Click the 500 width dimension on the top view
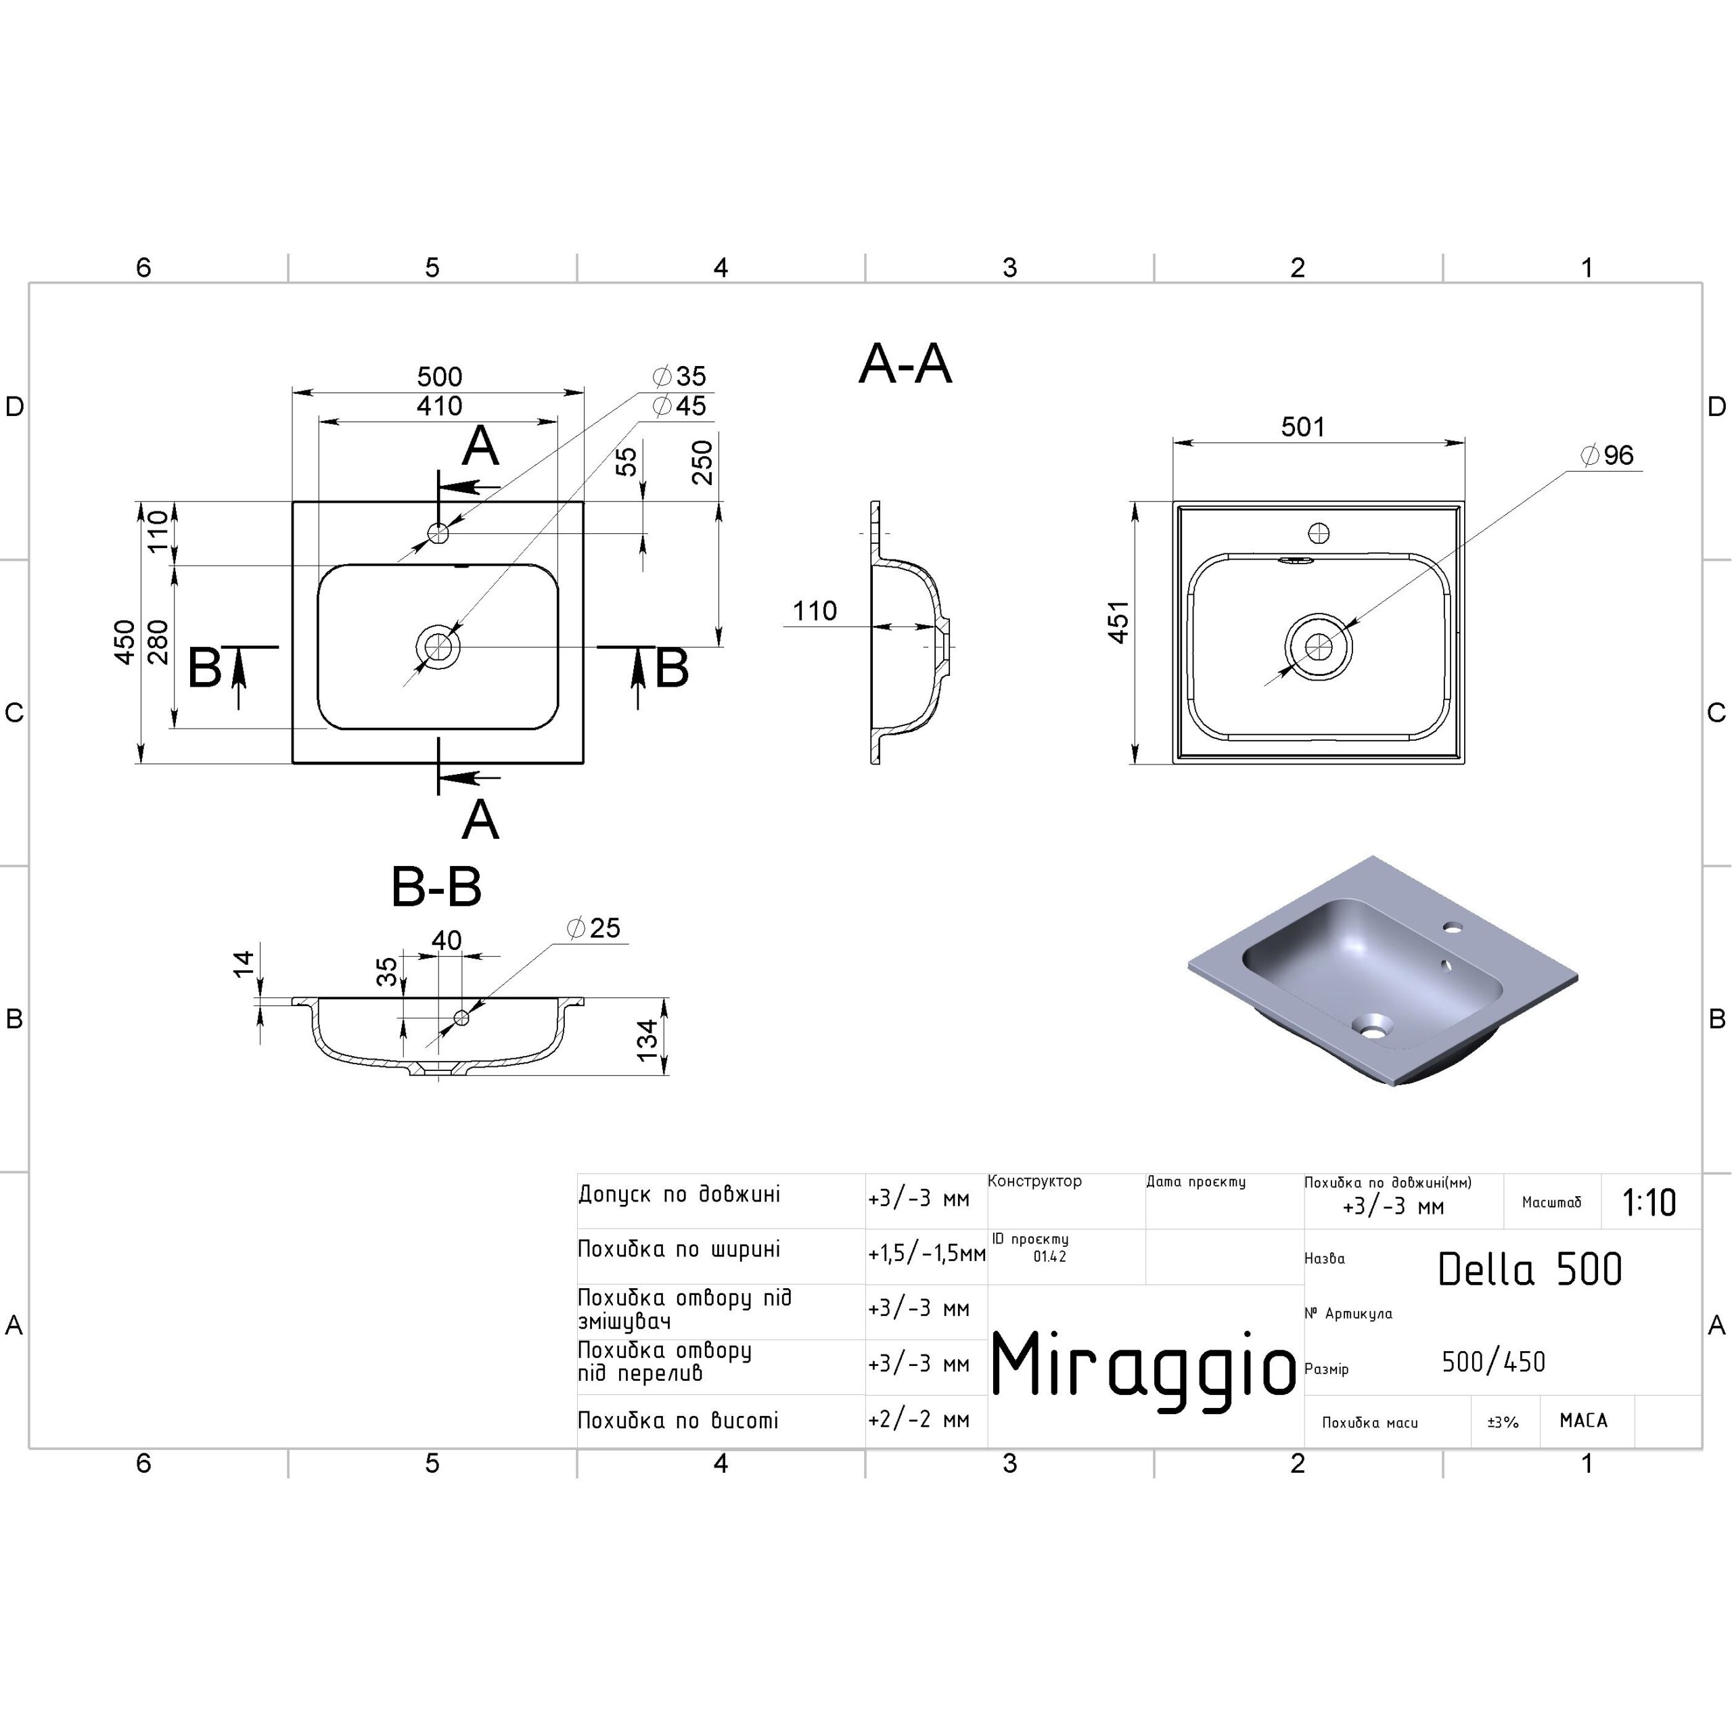point(439,377)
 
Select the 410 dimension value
point(439,406)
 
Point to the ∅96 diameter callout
point(1608,455)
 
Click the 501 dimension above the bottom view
point(1302,427)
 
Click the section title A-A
point(905,364)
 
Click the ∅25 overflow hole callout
point(593,928)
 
